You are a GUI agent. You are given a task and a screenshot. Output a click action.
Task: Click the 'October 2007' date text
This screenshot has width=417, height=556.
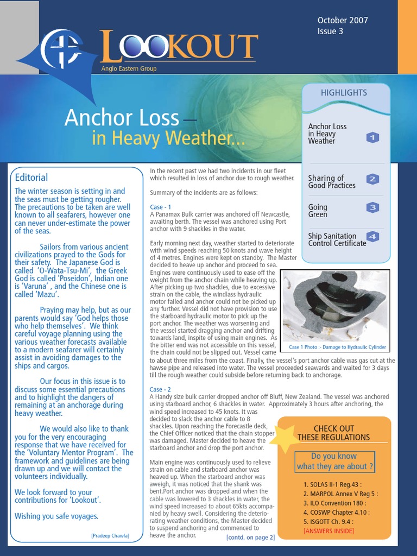tap(343, 20)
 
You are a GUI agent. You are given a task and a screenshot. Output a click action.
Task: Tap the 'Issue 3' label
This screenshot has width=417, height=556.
tap(330, 31)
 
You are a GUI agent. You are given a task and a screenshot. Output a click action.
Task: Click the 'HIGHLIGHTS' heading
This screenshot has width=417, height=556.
tap(344, 93)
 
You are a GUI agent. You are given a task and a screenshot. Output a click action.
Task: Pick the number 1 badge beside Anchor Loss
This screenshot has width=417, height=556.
tap(372, 137)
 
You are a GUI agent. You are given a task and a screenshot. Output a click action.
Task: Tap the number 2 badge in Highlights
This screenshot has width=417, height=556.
tap(372, 179)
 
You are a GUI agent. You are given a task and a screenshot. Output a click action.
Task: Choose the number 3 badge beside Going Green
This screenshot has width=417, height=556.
tap(372, 207)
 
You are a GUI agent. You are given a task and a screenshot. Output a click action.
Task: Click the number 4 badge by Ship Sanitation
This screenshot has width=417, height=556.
tap(372, 236)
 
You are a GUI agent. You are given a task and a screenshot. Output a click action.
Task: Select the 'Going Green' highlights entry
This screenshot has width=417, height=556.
tap(318, 211)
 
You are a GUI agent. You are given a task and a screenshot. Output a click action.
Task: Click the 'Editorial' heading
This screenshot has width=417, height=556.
tap(31, 178)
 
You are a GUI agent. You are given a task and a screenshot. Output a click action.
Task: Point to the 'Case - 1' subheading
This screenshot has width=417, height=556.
tap(161, 207)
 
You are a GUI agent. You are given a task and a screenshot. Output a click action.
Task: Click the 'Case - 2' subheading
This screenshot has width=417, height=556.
tap(161, 389)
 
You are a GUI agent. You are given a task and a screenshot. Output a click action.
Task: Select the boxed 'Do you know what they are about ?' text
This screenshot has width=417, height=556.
tap(335, 462)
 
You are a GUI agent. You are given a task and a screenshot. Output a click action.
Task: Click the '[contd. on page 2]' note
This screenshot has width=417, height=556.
tap(250, 537)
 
